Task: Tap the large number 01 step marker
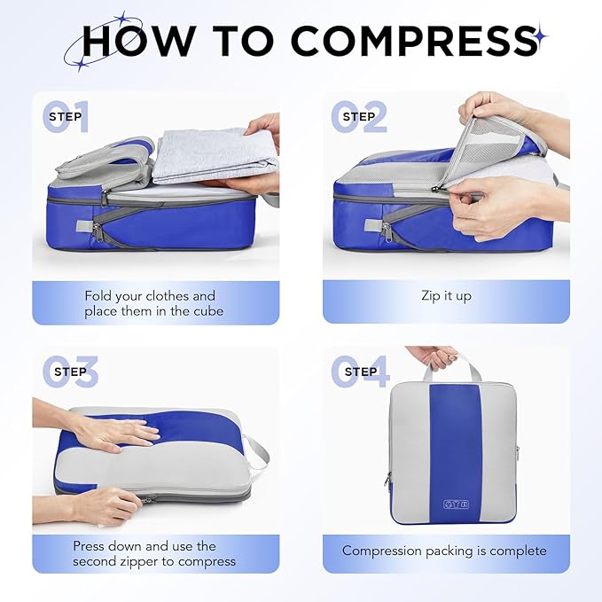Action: (67, 117)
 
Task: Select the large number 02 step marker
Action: (359, 117)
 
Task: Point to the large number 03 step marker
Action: (67, 371)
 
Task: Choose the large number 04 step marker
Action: (359, 371)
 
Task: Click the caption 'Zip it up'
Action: (446, 295)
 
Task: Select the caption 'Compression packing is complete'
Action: (444, 551)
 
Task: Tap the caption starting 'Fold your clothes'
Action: (150, 303)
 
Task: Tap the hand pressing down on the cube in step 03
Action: (114, 433)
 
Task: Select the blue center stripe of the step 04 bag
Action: (454, 443)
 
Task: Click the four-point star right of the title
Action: (539, 36)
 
